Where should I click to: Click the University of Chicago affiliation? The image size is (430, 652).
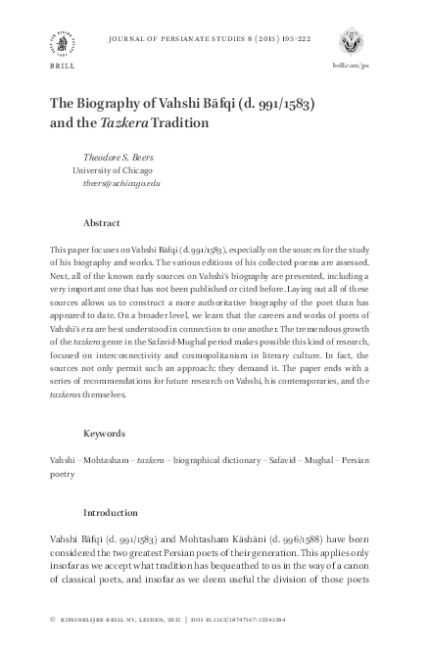(117, 169)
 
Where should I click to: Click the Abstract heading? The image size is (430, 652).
(102, 223)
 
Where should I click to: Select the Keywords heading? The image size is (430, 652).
(105, 432)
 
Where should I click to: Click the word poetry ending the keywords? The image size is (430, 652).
(62, 472)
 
